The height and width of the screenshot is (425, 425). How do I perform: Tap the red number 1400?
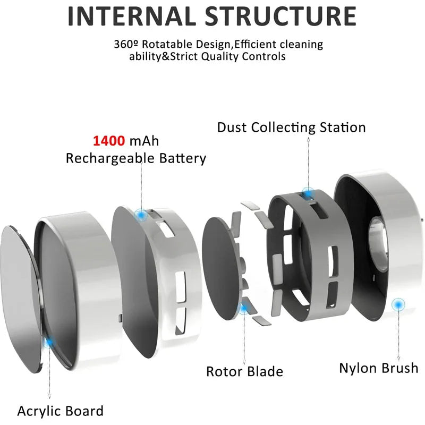click(109, 141)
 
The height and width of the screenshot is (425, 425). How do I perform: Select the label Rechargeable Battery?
click(135, 158)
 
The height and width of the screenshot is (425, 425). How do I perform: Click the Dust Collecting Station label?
click(291, 127)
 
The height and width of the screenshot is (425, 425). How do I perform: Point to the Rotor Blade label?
click(244, 371)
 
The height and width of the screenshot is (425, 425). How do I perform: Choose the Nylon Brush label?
click(378, 368)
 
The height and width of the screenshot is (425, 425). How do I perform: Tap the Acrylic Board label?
click(60, 411)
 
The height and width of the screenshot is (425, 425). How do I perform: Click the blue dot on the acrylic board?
click(49, 343)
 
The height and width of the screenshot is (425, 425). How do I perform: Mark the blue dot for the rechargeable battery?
click(141, 215)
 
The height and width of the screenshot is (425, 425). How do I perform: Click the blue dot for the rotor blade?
click(244, 308)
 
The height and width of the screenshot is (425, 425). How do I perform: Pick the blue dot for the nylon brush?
click(397, 305)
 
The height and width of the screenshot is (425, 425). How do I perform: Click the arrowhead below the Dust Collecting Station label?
click(307, 139)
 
